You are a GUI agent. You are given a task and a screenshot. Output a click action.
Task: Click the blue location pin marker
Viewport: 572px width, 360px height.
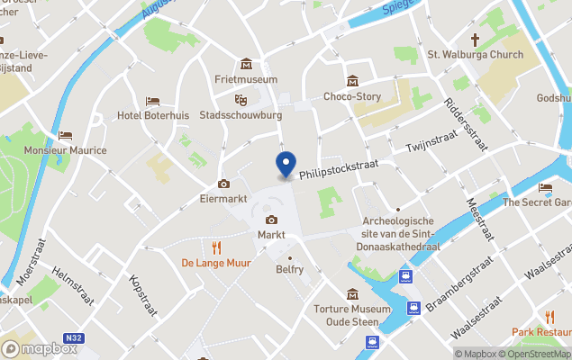pos(286,165)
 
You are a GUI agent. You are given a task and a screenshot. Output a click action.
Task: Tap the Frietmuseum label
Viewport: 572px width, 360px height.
pos(246,79)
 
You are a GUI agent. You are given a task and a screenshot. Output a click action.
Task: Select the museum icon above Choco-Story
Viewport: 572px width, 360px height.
pos(352,82)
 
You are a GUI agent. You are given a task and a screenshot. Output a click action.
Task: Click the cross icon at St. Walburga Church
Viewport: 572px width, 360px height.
pos(475,40)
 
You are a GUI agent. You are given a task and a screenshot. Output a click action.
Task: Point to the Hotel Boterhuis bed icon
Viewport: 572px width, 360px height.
pos(152,101)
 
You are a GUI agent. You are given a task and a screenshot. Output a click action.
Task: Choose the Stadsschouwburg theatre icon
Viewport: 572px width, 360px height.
pos(241,100)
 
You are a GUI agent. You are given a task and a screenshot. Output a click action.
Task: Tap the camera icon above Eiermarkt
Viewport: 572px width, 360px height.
pos(223,184)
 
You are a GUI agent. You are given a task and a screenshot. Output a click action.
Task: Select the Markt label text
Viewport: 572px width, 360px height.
pos(271,235)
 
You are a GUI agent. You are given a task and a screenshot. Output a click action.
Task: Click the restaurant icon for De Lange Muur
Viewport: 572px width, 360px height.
pos(216,247)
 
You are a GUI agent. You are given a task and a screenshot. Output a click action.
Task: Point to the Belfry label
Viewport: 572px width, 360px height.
pos(289,269)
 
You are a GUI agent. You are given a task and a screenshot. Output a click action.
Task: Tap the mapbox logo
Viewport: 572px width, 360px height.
pos(40,348)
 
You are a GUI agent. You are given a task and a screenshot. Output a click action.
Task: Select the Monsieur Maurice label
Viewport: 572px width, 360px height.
pos(65,150)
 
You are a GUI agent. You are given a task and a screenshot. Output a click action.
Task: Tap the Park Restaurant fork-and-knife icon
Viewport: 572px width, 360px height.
pos(549,316)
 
